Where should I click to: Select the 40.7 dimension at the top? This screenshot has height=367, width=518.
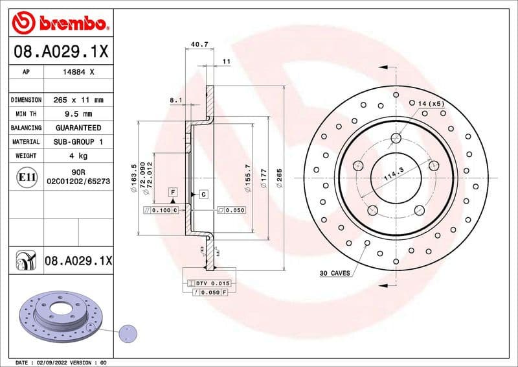(x=199, y=45)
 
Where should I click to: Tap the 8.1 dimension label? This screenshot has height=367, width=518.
(x=175, y=101)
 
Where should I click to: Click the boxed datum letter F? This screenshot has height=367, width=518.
(x=173, y=192)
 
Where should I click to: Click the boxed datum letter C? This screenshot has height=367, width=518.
(x=203, y=195)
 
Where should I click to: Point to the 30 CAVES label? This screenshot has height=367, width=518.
(x=334, y=273)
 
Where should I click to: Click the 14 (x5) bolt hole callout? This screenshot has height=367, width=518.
(x=431, y=104)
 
